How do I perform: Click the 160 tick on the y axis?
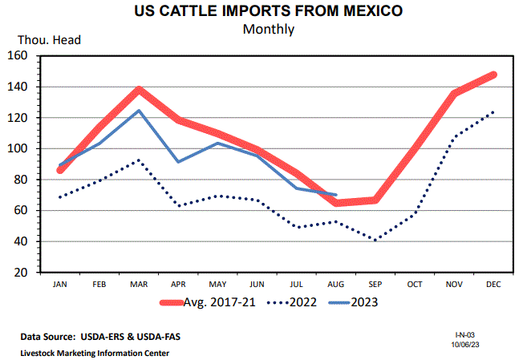coord(17,56)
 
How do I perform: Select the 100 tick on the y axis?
coord(17,149)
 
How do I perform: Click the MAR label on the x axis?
coord(139,284)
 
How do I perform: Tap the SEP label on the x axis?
coord(375,284)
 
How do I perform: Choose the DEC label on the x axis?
coord(493,284)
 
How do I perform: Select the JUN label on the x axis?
coord(257,284)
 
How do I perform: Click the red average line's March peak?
coord(139,90)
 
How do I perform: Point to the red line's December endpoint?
coord(493,75)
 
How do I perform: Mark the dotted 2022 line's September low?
coord(375,240)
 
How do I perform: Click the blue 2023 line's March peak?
coord(139,111)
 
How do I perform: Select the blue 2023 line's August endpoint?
coord(335,195)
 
